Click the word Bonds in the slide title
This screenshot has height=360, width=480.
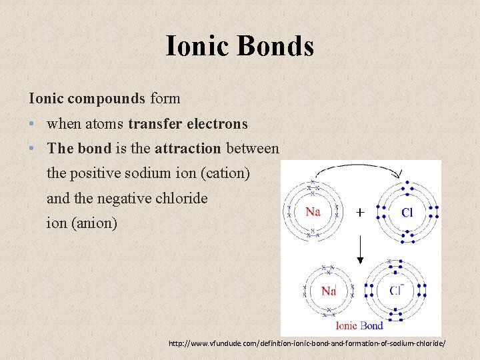275,46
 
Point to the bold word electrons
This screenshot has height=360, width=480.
217,124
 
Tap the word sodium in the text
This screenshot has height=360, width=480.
151,173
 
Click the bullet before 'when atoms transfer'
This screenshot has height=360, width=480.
33,124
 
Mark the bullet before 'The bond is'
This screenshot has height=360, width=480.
33,148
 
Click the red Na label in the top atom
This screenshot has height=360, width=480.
314,212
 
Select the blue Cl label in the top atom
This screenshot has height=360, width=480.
407,213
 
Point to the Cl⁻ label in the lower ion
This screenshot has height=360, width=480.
397,291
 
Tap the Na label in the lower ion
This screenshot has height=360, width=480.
328,291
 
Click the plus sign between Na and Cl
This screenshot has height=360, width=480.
360,213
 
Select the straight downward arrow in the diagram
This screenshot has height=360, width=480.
360,250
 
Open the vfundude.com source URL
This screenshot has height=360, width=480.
307,343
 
